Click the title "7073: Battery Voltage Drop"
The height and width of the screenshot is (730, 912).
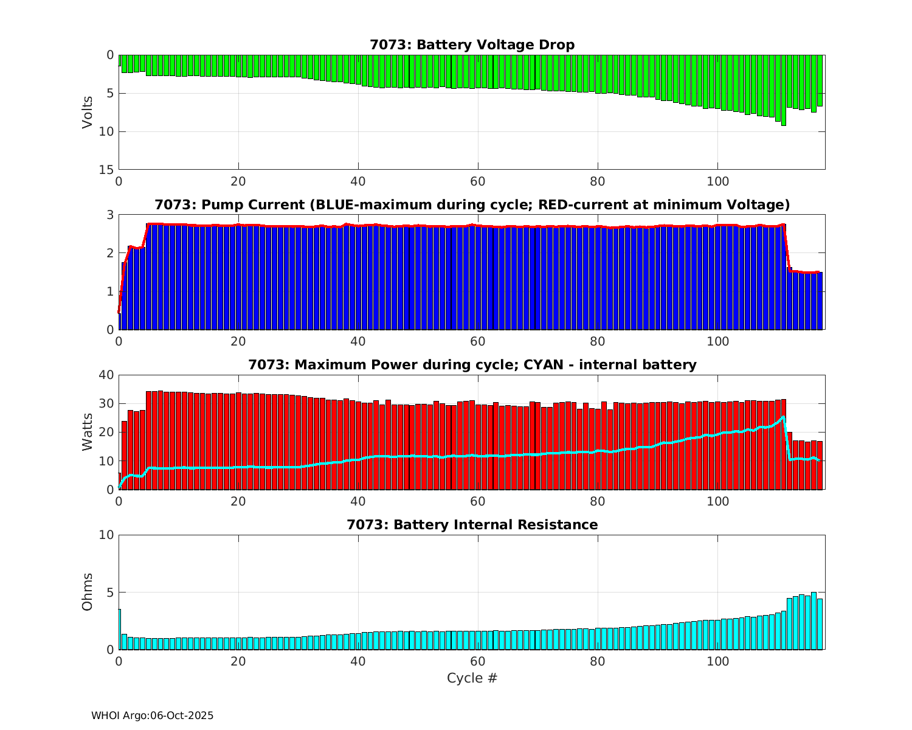pyautogui.click(x=472, y=44)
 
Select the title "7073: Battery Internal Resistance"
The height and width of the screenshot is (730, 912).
pyautogui.click(x=472, y=524)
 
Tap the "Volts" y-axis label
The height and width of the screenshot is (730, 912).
pyautogui.click(x=88, y=112)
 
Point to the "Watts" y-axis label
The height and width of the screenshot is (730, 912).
pyautogui.click(x=88, y=432)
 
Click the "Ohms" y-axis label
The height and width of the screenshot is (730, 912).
pyautogui.click(x=88, y=592)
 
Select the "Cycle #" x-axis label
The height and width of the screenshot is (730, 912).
pyautogui.click(x=472, y=678)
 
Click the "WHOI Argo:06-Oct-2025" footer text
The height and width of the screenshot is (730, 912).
pyautogui.click(x=152, y=715)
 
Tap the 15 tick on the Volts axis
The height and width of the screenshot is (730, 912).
pyautogui.click(x=106, y=170)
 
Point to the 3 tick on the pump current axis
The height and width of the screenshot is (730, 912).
pyautogui.click(x=110, y=215)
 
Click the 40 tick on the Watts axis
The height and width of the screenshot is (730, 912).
pyautogui.click(x=106, y=375)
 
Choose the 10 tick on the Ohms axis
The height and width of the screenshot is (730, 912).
pyautogui.click(x=106, y=535)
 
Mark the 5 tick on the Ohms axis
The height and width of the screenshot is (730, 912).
pyautogui.click(x=110, y=592)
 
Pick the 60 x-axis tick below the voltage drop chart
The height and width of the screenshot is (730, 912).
pyautogui.click(x=478, y=181)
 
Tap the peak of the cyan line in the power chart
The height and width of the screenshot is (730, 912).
pyautogui.click(x=784, y=417)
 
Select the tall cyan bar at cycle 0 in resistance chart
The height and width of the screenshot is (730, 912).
pyautogui.click(x=120, y=629)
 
